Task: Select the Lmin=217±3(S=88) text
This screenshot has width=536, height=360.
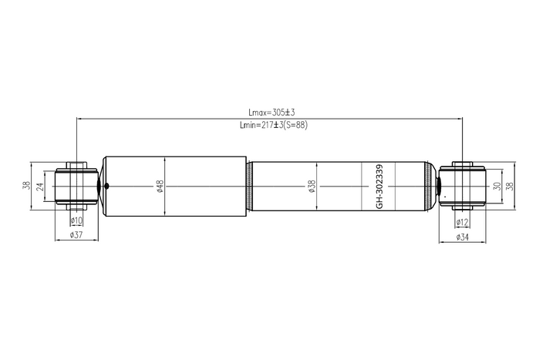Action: click(x=274, y=125)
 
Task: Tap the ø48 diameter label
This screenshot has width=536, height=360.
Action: click(x=160, y=186)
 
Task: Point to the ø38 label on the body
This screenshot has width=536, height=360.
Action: click(x=312, y=186)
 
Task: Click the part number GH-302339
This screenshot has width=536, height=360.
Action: click(x=379, y=186)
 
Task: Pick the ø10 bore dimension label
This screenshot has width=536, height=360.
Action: click(x=76, y=221)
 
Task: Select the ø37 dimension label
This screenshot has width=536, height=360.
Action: click(x=76, y=234)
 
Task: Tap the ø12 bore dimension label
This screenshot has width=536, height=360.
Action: click(x=462, y=223)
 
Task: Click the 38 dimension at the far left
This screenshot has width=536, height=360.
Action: click(x=26, y=186)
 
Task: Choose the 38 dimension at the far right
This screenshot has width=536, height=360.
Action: click(x=509, y=186)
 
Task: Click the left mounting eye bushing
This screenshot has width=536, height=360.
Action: click(x=76, y=186)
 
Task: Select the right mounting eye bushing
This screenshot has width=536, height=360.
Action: click(x=461, y=186)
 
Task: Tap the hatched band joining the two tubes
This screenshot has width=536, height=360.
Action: click(x=250, y=186)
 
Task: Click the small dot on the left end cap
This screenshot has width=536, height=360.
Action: click(x=106, y=185)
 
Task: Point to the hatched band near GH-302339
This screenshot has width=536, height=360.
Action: click(x=427, y=186)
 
